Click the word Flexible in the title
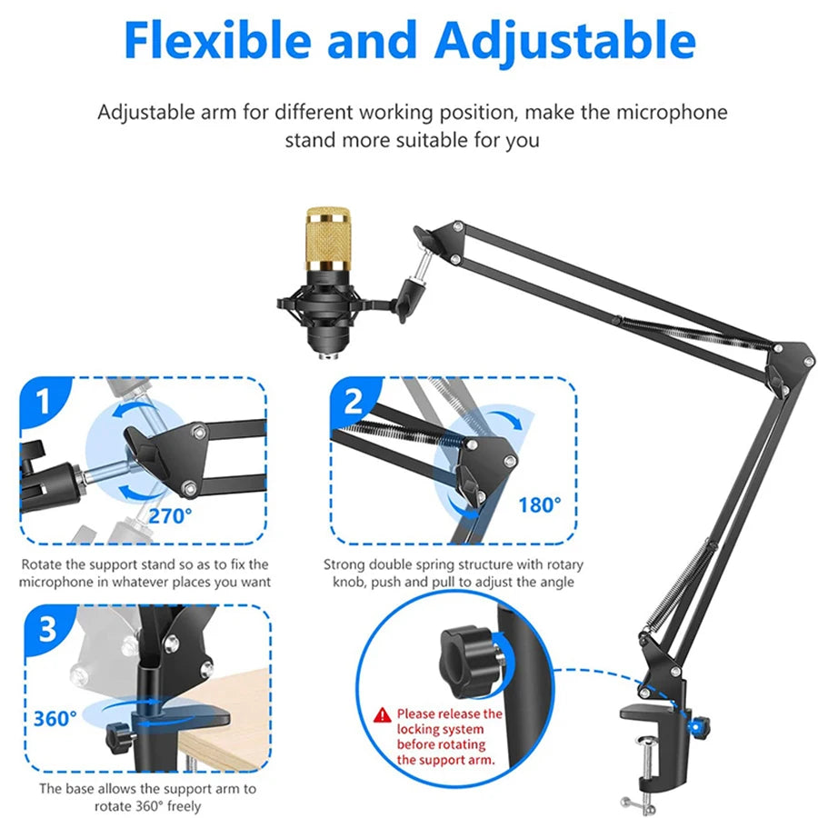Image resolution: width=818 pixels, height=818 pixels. (217, 41)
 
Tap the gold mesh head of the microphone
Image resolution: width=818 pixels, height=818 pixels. (328, 239)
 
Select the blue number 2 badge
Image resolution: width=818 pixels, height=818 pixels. (354, 401)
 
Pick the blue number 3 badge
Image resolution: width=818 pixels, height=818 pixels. (48, 629)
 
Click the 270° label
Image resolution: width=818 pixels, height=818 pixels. (170, 516)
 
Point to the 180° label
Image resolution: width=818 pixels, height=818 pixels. (540, 505)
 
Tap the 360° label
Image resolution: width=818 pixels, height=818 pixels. (55, 719)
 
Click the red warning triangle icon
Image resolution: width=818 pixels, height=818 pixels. (383, 714)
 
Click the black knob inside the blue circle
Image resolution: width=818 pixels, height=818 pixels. (468, 662)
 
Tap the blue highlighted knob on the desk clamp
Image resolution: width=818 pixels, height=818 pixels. (697, 727)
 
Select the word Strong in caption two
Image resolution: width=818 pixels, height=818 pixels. (344, 565)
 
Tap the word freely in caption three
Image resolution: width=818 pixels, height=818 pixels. (185, 806)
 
